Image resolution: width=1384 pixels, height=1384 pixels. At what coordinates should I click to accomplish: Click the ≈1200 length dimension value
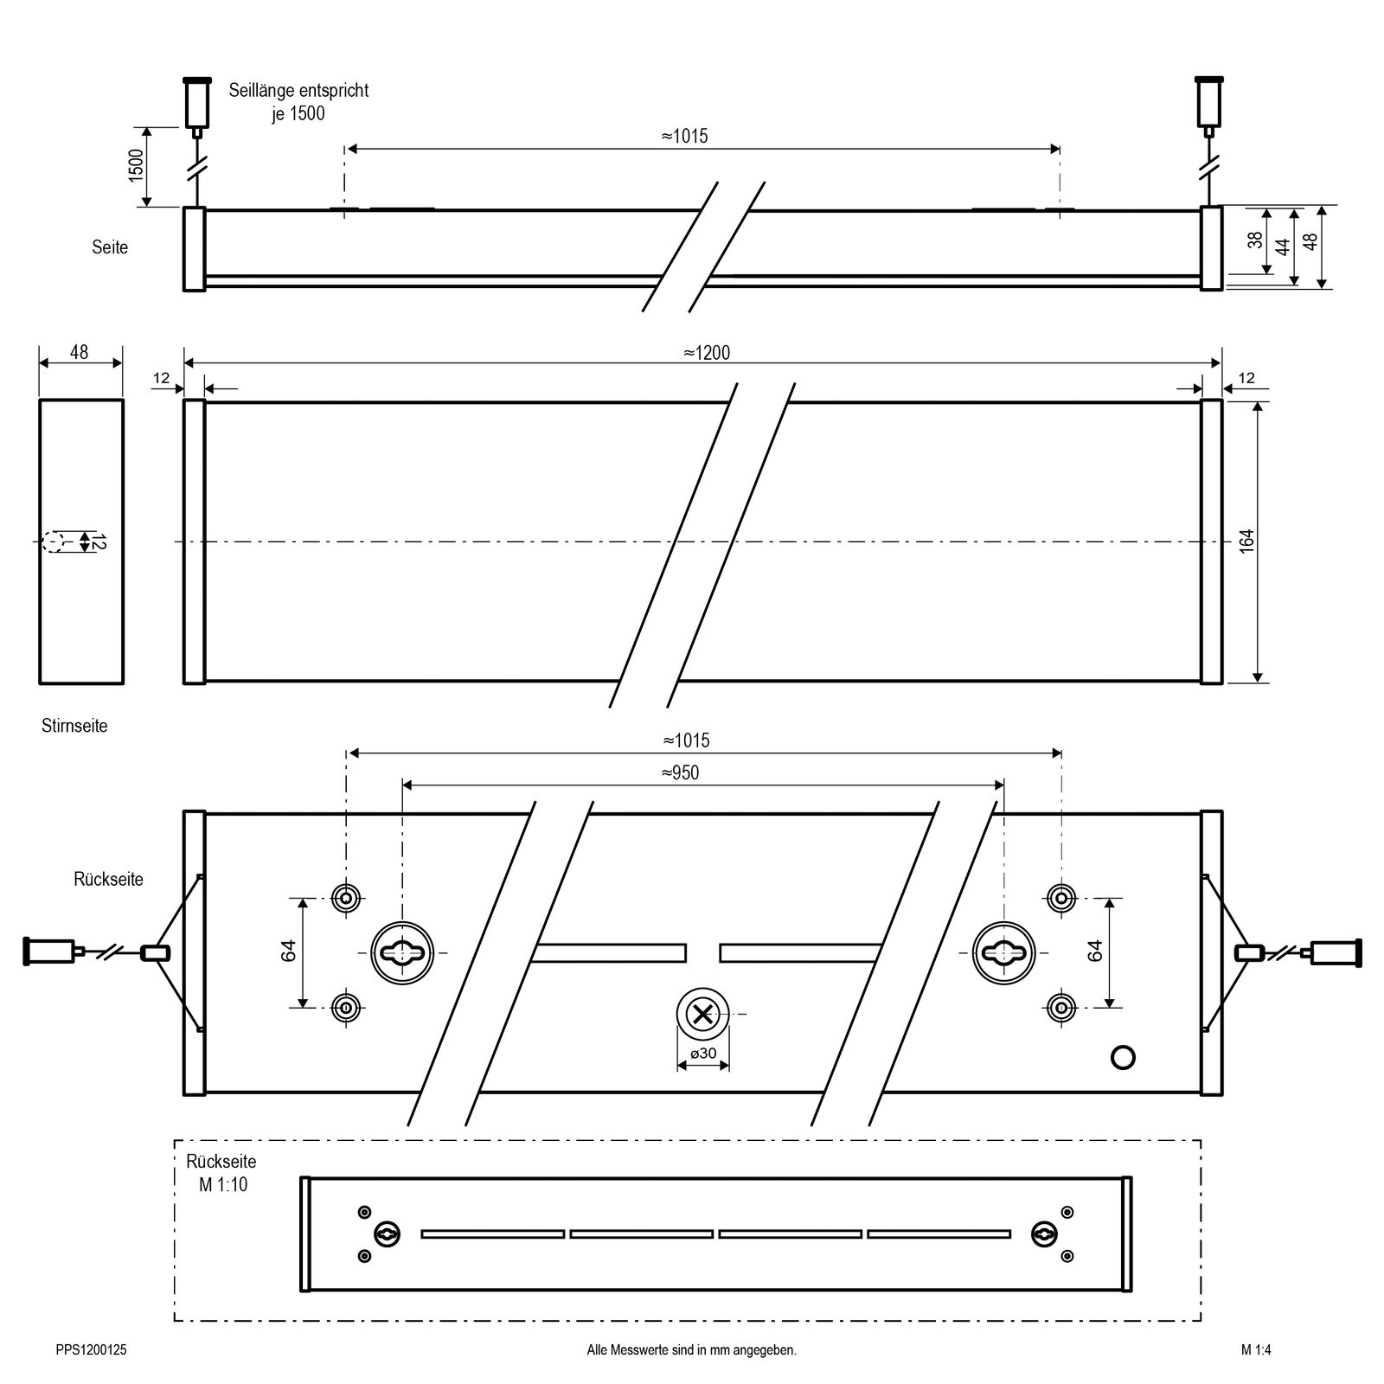(x=706, y=353)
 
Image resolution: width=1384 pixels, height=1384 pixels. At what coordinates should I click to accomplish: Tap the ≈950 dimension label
(x=680, y=772)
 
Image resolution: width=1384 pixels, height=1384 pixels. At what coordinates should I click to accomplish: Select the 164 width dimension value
(x=1246, y=541)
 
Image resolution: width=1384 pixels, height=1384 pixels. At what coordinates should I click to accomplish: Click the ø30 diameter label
(x=703, y=1053)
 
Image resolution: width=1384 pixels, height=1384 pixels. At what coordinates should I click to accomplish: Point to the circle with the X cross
(x=703, y=1014)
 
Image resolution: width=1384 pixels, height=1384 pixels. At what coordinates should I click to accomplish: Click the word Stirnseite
(x=74, y=726)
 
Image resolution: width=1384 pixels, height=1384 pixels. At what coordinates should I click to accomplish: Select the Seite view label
(x=110, y=247)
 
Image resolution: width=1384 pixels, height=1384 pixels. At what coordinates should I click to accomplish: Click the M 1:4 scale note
(x=1255, y=1349)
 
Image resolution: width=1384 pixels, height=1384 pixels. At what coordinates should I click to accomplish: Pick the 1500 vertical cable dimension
(x=136, y=165)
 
